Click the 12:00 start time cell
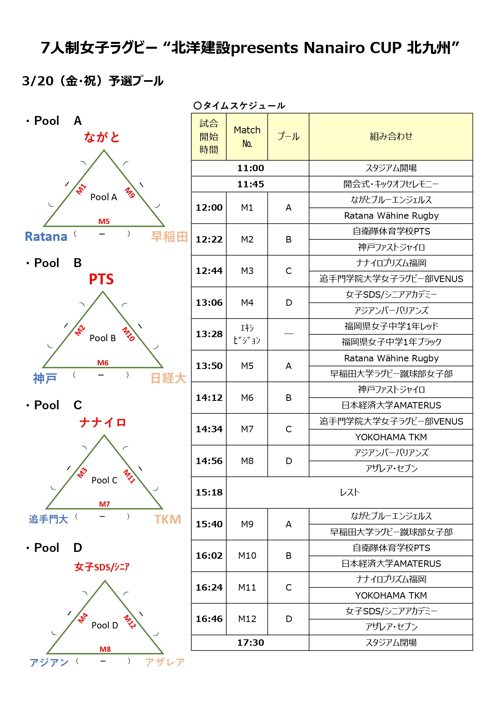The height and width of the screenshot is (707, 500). coord(209,207)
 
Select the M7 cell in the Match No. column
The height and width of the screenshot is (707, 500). coord(247,429)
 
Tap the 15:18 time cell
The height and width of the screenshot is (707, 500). coord(209,492)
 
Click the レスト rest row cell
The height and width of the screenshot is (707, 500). coord(349,492)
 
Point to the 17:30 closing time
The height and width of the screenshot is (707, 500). coord(250,643)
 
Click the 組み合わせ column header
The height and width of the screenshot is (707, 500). coord(391,137)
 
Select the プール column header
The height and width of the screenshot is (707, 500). coord(288,137)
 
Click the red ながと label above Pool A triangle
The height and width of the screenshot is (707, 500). coord(102,137)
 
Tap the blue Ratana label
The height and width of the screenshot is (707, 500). coord(46,236)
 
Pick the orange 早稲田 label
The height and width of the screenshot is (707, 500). coord(169,236)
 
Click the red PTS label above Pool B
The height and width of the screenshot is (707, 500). coord(101,279)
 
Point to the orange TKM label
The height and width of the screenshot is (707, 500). coord(168,519)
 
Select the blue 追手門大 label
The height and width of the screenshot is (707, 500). coord(48,519)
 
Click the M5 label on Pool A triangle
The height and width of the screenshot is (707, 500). coord(104,221)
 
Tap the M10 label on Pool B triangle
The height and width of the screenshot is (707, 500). coord(129,334)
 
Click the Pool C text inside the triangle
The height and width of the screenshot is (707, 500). coord(104,480)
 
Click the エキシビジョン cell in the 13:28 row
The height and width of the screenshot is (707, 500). coord(247,334)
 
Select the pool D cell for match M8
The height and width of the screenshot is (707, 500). coord(288,461)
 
